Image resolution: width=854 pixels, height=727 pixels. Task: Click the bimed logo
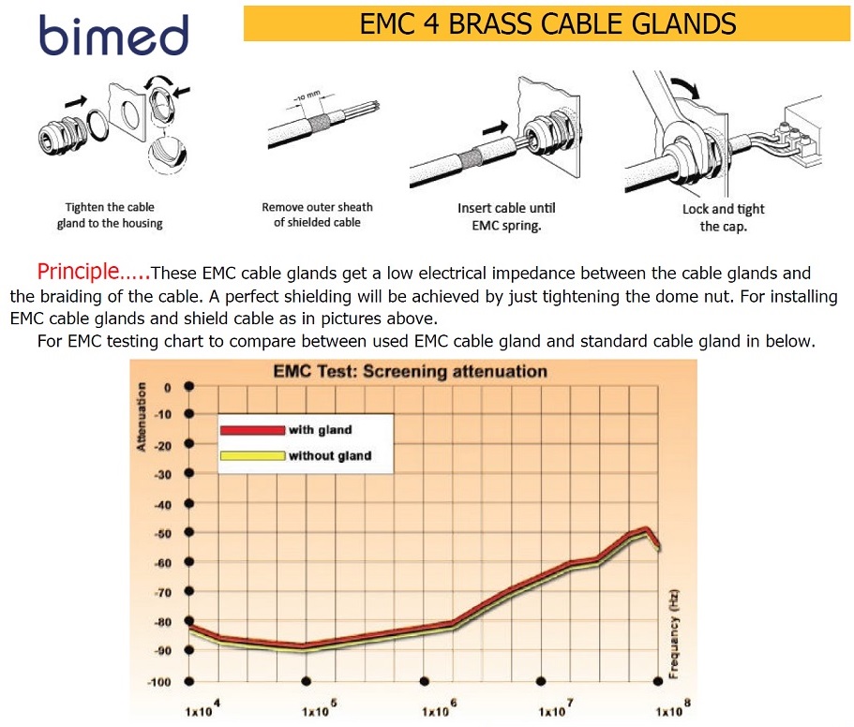pyautogui.click(x=113, y=35)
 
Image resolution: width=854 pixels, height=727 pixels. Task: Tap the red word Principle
pyautogui.click(x=78, y=271)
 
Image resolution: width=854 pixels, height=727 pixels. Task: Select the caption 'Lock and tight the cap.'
pyautogui.click(x=724, y=217)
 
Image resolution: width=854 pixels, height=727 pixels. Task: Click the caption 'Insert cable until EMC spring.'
pyautogui.click(x=506, y=216)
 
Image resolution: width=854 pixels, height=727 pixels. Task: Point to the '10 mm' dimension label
pyautogui.click(x=307, y=96)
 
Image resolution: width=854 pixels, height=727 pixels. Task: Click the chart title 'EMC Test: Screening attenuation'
pyautogui.click(x=410, y=371)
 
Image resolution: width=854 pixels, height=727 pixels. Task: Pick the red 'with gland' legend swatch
pyautogui.click(x=252, y=430)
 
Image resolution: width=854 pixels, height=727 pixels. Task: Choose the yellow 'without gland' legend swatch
pyautogui.click(x=252, y=455)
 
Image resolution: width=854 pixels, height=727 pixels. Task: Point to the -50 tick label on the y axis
pyautogui.click(x=163, y=533)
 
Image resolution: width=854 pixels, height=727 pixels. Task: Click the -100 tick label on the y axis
pyautogui.click(x=159, y=682)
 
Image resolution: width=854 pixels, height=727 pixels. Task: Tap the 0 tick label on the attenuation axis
pyautogui.click(x=168, y=388)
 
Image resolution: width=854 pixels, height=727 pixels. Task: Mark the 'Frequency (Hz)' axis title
pyautogui.click(x=674, y=633)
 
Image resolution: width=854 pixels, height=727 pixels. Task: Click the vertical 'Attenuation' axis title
pyautogui.click(x=142, y=416)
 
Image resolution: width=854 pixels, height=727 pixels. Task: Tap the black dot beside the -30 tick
pyautogui.click(x=189, y=473)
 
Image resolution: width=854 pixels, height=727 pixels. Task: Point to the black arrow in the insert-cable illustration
pyautogui.click(x=495, y=128)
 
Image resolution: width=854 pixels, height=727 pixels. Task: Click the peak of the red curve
pyautogui.click(x=646, y=527)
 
